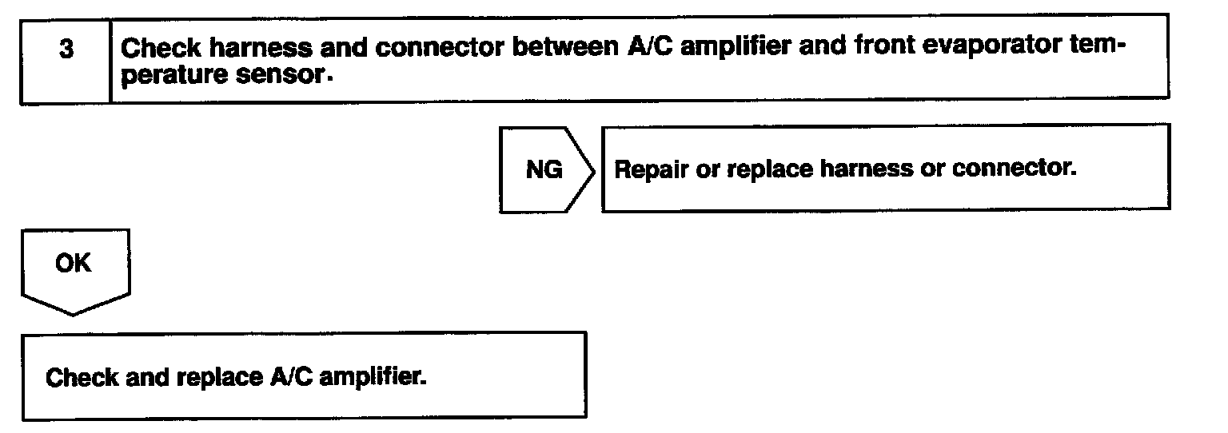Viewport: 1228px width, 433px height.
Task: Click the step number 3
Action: point(66,49)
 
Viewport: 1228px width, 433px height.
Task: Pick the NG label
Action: point(544,170)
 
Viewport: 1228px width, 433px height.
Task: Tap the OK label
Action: point(74,264)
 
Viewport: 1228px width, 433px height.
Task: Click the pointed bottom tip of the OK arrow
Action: point(74,315)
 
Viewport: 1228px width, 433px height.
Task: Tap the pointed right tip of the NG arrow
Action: point(595,169)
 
